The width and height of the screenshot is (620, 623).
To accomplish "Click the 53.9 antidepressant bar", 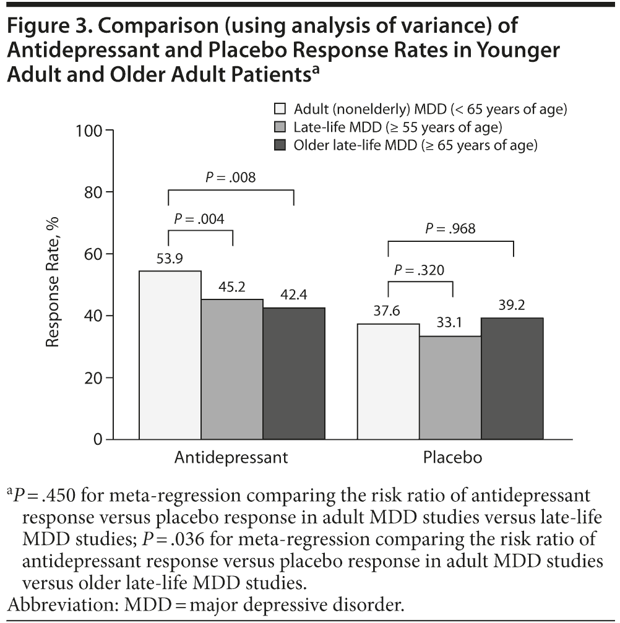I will [x=170, y=355].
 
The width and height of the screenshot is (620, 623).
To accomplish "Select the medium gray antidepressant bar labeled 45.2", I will [x=232, y=369].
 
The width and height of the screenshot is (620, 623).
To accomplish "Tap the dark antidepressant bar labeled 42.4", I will [x=294, y=374].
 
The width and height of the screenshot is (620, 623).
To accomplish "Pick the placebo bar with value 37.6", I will [x=388, y=381].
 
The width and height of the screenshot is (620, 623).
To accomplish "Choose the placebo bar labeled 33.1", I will [x=450, y=388].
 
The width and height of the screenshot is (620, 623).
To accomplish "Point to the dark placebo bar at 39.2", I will [x=512, y=379].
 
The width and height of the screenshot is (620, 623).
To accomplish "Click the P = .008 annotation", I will [x=231, y=178].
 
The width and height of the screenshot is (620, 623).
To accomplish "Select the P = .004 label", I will [x=199, y=218].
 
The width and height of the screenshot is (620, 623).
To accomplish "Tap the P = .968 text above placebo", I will [x=450, y=228].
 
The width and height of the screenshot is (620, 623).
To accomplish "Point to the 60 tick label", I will [x=94, y=254].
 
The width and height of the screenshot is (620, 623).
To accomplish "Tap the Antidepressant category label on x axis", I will [x=231, y=458].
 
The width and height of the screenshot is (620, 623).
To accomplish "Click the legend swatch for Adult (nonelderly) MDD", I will [x=280, y=110].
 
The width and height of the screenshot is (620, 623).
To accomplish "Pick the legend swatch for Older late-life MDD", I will [x=280, y=146].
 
